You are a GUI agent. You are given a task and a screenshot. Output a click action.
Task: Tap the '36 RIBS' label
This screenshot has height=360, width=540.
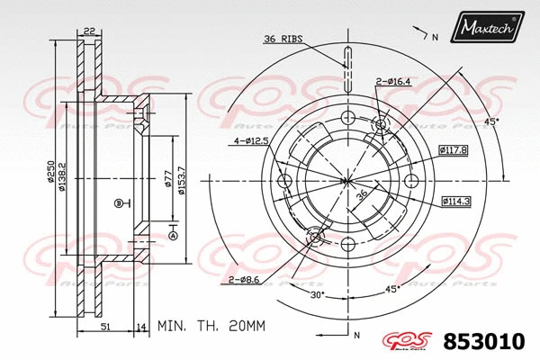coord(283,38)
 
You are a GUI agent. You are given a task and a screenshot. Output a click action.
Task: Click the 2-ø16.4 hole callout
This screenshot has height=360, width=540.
coord(395,82)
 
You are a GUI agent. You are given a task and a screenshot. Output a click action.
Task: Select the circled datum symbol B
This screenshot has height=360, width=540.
coord(117,203)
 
